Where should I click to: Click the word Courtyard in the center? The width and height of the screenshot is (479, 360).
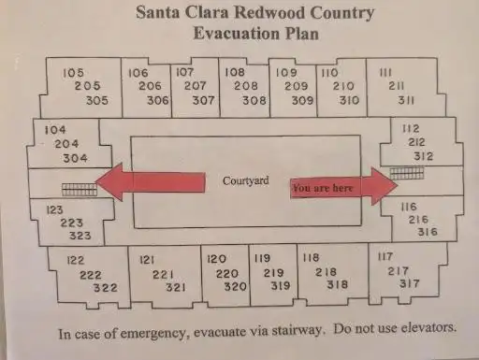point(246,180)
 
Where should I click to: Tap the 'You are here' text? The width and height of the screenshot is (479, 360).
point(323,188)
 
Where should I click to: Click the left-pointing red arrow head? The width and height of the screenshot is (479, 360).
point(110,181)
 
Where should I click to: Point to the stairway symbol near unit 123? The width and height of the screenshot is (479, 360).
point(80,190)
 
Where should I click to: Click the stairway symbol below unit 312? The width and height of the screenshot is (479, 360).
point(407,174)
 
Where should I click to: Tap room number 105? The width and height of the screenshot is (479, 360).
point(74,73)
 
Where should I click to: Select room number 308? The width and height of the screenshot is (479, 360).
point(254,100)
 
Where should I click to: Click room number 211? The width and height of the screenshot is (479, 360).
point(397,86)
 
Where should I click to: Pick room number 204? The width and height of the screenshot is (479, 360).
point(66,144)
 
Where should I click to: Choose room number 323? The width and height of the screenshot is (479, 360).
point(80,236)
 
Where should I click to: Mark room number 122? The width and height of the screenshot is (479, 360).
point(76,260)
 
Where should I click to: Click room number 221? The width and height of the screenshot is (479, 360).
point(163,275)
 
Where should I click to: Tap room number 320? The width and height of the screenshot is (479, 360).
point(236,286)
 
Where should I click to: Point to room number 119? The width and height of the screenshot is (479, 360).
point(262,258)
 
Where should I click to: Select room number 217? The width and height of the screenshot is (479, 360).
point(398,271)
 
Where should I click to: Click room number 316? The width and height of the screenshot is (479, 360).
point(428,232)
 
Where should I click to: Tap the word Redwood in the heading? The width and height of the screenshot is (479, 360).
point(269,13)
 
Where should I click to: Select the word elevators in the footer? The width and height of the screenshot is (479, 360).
point(428,327)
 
